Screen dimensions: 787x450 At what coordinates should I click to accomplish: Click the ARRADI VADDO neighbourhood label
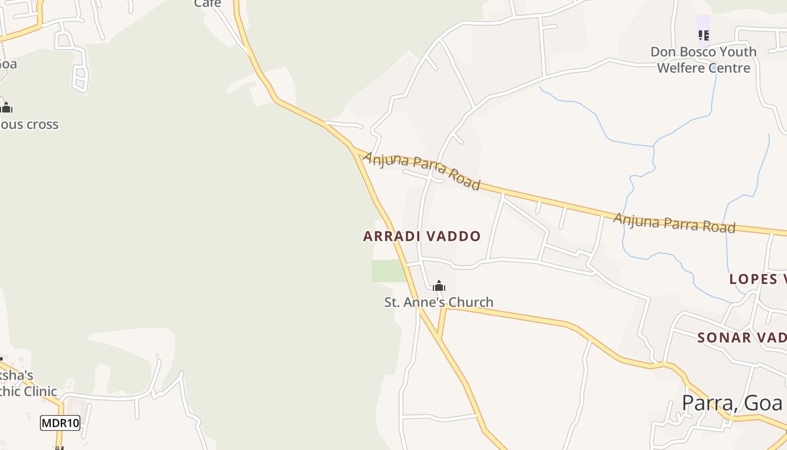(x=422, y=236)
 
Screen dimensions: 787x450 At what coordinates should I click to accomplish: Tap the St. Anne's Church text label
(x=438, y=303)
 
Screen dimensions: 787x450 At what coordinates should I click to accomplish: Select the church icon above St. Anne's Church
(x=439, y=286)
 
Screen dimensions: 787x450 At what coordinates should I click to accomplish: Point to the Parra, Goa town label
(x=732, y=403)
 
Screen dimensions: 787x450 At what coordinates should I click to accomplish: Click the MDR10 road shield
(x=60, y=423)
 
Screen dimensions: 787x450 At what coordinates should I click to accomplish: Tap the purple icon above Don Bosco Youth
(x=703, y=35)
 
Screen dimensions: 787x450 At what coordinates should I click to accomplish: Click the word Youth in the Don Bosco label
(x=737, y=52)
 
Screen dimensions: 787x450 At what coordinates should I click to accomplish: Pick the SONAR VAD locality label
(x=741, y=337)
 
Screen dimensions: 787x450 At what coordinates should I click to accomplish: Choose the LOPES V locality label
(x=757, y=279)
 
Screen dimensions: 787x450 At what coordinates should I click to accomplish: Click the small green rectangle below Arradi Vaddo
(x=388, y=271)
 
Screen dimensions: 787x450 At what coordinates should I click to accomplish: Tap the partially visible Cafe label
(x=208, y=4)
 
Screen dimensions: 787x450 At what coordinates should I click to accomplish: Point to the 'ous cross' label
(x=29, y=124)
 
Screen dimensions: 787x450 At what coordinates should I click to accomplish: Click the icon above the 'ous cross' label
(x=6, y=107)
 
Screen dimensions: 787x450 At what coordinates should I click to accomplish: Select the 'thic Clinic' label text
(x=29, y=391)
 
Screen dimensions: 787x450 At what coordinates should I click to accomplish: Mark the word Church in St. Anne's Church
(x=468, y=303)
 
